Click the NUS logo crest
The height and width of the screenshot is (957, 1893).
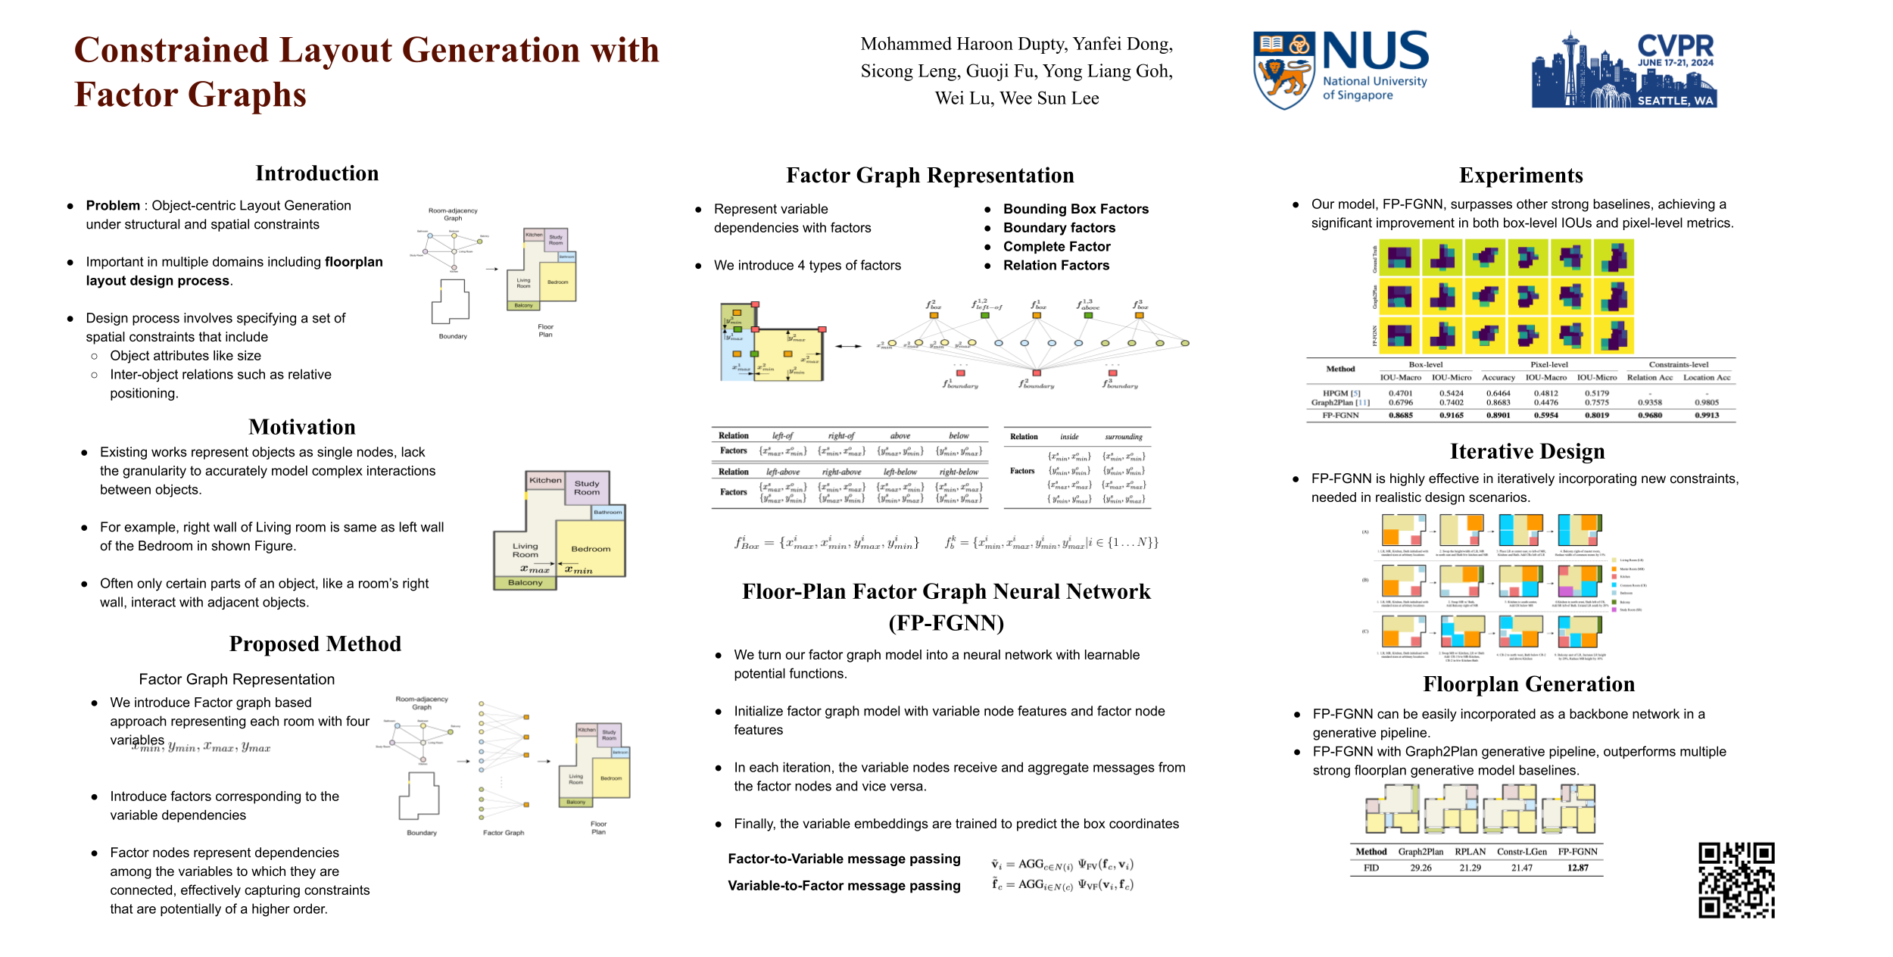pyautogui.click(x=1283, y=70)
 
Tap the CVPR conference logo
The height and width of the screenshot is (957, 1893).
pyautogui.click(x=1623, y=70)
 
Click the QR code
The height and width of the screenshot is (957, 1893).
pyautogui.click(x=1736, y=880)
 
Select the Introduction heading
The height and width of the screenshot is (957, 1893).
pyautogui.click(x=317, y=173)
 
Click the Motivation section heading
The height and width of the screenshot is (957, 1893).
pyautogui.click(x=302, y=427)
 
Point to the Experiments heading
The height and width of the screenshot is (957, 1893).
pyautogui.click(x=1520, y=176)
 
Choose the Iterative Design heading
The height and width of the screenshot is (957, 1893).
pyautogui.click(x=1527, y=451)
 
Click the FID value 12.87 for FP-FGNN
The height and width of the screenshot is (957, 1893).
pyautogui.click(x=1577, y=868)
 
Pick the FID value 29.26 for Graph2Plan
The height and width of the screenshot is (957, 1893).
pyautogui.click(x=1421, y=868)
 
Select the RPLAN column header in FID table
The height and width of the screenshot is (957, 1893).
pyautogui.click(x=1470, y=852)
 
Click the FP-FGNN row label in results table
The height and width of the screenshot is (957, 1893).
pyautogui.click(x=1340, y=416)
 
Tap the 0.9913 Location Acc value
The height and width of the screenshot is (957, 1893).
pyautogui.click(x=1706, y=416)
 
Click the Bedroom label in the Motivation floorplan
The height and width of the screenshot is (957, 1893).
pyautogui.click(x=591, y=549)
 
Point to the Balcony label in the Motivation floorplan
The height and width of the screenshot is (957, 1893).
pyautogui.click(x=525, y=583)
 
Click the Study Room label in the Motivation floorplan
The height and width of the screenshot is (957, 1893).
pyautogui.click(x=587, y=488)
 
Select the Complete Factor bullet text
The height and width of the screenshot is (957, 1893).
pyautogui.click(x=1056, y=247)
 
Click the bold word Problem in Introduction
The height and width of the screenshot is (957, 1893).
pyautogui.click(x=113, y=206)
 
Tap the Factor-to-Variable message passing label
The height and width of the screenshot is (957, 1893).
pyautogui.click(x=844, y=859)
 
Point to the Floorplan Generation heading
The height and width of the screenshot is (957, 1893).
pyautogui.click(x=1528, y=684)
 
